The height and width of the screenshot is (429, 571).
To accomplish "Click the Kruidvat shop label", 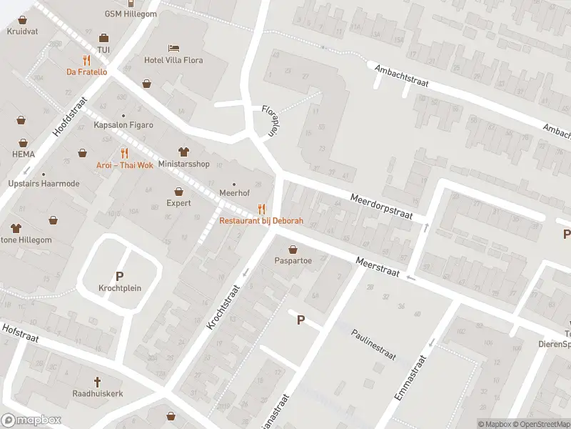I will click(21, 31).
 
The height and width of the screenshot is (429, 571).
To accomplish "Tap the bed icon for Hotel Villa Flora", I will click(174, 48).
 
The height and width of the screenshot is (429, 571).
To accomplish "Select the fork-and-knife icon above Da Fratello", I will click(86, 60).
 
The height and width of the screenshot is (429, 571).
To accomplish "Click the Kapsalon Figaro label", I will click(123, 125).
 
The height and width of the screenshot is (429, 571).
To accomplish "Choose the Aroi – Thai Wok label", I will click(125, 165).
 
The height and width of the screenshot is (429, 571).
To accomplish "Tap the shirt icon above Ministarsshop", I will click(183, 152).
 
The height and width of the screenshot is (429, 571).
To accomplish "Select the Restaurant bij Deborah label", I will click(261, 221).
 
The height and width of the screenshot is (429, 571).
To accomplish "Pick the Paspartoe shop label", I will click(293, 261).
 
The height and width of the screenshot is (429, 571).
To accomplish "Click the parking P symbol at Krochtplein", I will click(119, 276).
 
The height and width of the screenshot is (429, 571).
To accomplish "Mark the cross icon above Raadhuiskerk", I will click(98, 382).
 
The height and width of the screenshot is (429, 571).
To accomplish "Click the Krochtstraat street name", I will click(222, 306).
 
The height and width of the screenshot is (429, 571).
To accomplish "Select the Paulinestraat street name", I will click(373, 345).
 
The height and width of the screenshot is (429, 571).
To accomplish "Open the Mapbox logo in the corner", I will click(31, 420).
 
